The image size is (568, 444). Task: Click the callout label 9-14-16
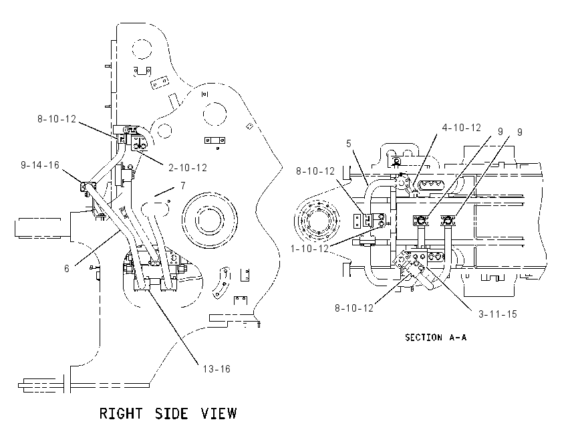(x=40, y=165)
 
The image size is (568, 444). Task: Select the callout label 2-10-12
(x=188, y=168)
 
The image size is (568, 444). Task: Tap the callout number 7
(x=183, y=186)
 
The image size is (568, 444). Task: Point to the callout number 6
(x=67, y=269)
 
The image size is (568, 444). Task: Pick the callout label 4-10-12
(x=462, y=128)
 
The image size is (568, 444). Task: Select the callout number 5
(x=348, y=144)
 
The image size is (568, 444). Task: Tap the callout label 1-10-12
(x=309, y=249)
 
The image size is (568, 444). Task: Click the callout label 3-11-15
(x=498, y=314)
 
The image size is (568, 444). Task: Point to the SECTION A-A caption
(x=436, y=338)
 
